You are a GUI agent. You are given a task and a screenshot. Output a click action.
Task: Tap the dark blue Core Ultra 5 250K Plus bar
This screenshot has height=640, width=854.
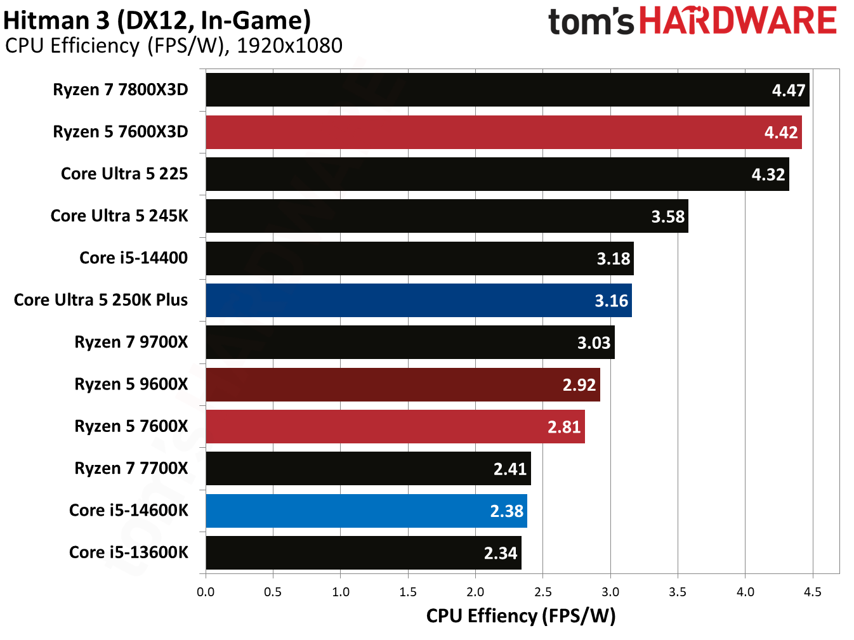point(418,300)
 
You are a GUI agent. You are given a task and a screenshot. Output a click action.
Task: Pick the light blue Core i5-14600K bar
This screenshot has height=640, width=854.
point(366,511)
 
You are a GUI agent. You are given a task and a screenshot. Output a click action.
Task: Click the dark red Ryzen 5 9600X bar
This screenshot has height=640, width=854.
point(402,384)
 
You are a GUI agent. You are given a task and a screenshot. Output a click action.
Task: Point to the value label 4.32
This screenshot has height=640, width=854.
point(768,174)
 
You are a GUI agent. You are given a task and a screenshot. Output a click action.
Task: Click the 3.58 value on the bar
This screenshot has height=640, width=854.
point(667,217)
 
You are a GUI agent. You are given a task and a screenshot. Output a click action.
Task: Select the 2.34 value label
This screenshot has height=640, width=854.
point(500,553)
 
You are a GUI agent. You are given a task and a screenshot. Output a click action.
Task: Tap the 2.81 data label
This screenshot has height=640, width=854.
point(563,427)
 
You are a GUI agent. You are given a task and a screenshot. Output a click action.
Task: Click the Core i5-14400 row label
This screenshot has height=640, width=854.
point(133,258)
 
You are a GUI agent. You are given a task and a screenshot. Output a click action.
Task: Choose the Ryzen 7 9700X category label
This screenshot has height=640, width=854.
point(131,342)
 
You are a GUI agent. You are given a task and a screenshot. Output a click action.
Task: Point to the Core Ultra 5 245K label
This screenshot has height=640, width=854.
point(119,216)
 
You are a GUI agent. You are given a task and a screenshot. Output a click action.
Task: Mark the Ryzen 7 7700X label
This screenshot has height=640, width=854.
point(131,468)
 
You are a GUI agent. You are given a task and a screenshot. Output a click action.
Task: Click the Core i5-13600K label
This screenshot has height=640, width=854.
point(128,552)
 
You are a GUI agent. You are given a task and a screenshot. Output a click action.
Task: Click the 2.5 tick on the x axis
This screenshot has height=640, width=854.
point(542,592)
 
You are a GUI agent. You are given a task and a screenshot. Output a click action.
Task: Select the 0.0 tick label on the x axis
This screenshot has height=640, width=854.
point(206,592)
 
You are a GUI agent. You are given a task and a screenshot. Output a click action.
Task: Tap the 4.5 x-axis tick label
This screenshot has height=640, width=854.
point(812,592)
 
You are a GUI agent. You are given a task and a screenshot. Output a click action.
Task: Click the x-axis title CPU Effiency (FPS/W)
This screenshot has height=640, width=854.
point(520,616)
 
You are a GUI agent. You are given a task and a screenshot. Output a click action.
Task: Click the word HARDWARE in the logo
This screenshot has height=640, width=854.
point(737,21)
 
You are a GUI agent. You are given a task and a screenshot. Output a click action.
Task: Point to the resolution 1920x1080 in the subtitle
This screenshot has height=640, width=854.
point(289,46)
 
